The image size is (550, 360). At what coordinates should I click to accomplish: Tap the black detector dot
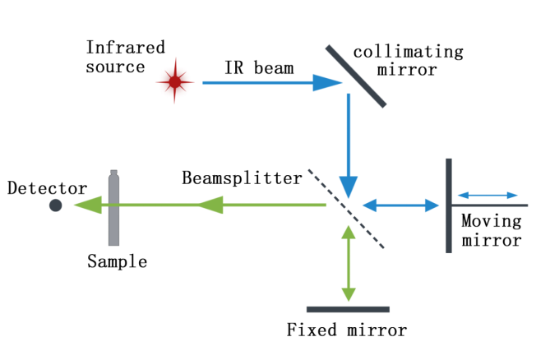55,205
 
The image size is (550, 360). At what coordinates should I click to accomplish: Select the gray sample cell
114,207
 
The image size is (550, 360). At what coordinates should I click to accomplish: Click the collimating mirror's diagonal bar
356,76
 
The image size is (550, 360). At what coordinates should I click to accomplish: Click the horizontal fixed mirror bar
348,310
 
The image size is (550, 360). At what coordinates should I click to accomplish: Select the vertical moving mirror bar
448,205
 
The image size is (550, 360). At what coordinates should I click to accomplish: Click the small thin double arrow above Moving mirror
488,196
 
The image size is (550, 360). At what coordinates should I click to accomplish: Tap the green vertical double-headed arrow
350,263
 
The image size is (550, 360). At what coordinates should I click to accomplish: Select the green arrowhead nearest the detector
88,205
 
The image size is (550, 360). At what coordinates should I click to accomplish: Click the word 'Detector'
48,188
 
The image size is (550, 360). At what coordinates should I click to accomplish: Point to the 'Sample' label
118,262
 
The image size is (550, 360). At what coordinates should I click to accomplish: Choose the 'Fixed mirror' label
347,331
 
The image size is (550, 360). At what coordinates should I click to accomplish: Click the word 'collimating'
408,53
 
